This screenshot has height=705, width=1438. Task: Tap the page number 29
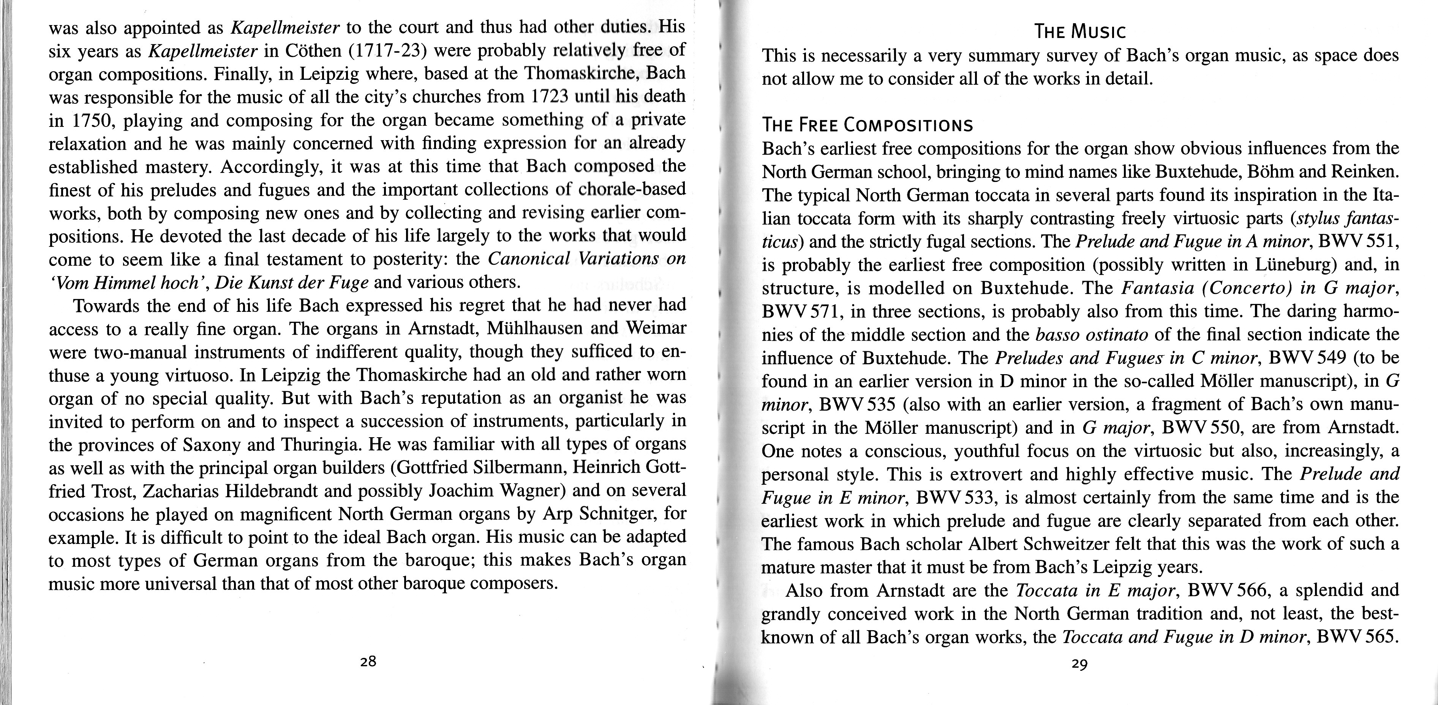[1079, 664]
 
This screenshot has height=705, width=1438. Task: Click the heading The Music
[1080, 32]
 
